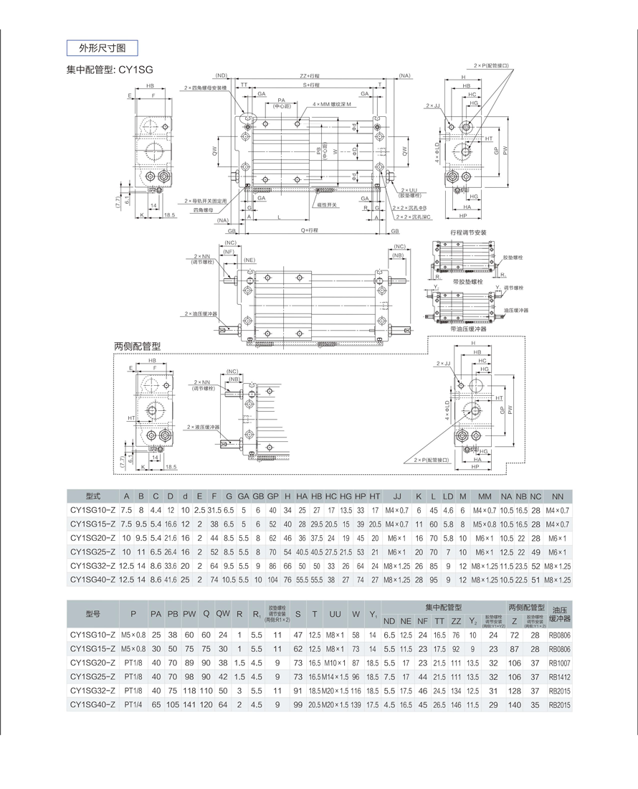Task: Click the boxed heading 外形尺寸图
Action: (x=101, y=48)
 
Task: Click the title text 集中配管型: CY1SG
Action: (x=110, y=70)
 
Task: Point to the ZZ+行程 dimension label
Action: (x=310, y=75)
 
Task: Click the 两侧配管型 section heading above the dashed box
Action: (x=137, y=346)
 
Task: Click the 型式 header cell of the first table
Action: (x=92, y=496)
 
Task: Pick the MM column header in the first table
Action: (x=485, y=496)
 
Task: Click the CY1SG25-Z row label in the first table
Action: (x=92, y=553)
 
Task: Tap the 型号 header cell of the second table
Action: (x=92, y=615)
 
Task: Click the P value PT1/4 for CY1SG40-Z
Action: (x=133, y=705)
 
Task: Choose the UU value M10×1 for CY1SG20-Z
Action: (x=335, y=663)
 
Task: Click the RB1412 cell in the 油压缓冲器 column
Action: (x=560, y=677)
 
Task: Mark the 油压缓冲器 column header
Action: (x=560, y=614)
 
